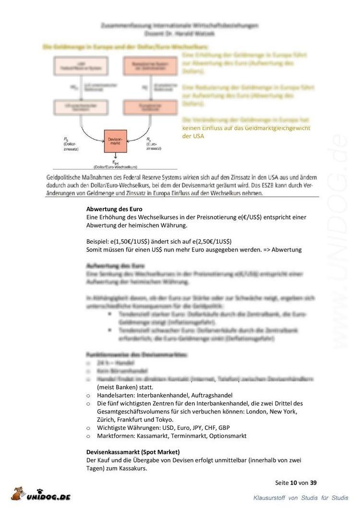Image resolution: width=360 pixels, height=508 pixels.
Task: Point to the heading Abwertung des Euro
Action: coord(114,209)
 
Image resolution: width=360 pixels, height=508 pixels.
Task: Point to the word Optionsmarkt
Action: coord(227,436)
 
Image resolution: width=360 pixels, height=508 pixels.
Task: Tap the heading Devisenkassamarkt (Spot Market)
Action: coord(133,452)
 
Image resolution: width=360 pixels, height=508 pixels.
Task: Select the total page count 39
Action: coord(313,483)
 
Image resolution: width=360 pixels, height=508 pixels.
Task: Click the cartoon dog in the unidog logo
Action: coord(19,493)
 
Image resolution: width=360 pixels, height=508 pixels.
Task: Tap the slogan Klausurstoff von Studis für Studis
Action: coord(301,498)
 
